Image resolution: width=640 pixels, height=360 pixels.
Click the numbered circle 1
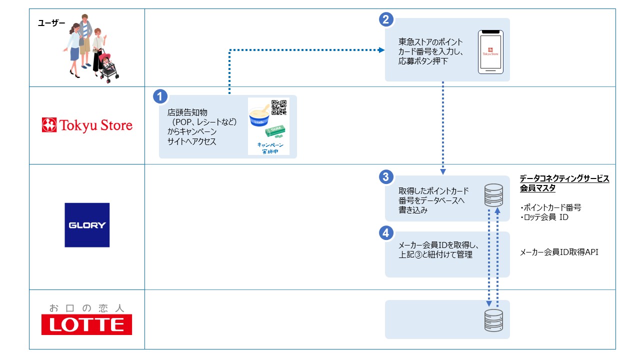[159, 96]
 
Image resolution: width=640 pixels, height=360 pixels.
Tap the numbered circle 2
[385, 19]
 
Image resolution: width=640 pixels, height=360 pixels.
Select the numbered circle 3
[385, 176]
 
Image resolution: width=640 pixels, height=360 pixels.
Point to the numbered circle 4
[385, 233]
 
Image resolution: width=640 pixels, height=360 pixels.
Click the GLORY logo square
[87, 225]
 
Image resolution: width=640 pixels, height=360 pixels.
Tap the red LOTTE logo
[86, 324]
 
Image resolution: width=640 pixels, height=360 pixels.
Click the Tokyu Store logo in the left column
[87, 125]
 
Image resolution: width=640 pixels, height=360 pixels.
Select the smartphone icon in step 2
[490, 52]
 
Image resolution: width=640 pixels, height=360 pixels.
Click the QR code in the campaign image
[279, 108]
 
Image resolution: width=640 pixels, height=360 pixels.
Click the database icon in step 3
[493, 195]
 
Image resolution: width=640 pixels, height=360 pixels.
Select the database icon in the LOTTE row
[493, 320]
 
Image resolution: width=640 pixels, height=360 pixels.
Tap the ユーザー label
[52, 22]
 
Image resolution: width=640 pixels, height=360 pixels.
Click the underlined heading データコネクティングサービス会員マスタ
[564, 183]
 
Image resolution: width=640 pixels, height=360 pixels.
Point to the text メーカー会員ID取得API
[559, 252]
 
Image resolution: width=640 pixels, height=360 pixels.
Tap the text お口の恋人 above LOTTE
[86, 307]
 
